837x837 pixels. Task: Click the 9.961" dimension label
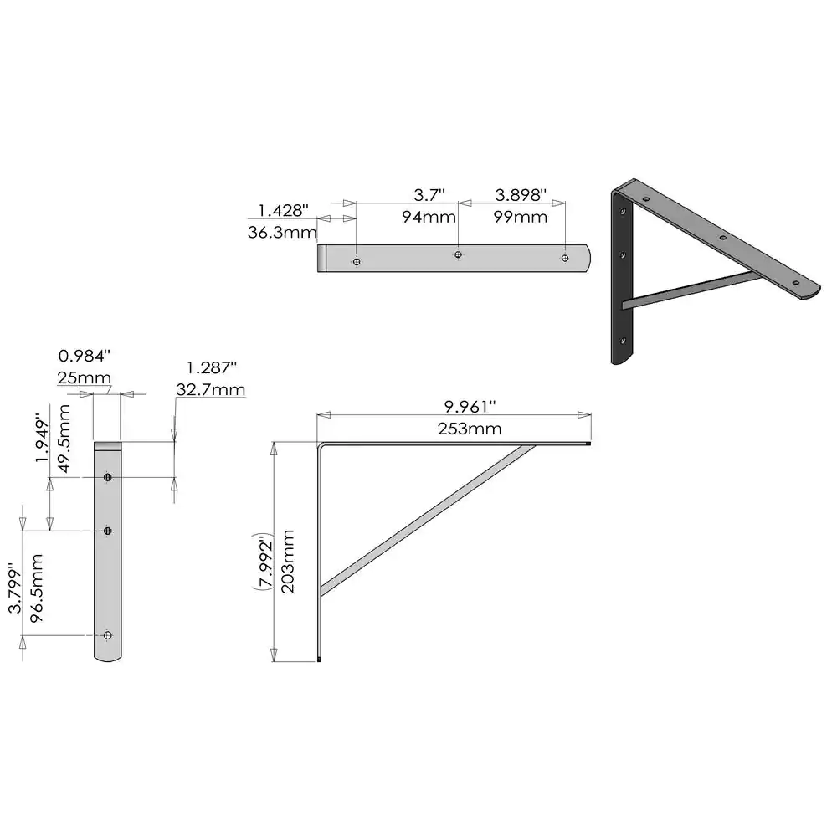coord(469,407)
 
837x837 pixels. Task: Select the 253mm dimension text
coord(469,429)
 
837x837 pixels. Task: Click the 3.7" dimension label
coord(429,195)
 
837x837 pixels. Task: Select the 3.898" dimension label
coord(521,195)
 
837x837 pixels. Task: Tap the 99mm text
coord(521,217)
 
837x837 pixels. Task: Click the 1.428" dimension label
coord(283,209)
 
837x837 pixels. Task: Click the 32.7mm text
coord(211,389)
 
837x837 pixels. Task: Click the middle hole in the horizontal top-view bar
coord(458,254)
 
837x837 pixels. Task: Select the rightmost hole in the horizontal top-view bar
coord(566,259)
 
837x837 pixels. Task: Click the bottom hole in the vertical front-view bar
coord(107,635)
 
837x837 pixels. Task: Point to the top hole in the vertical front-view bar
coord(108,477)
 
